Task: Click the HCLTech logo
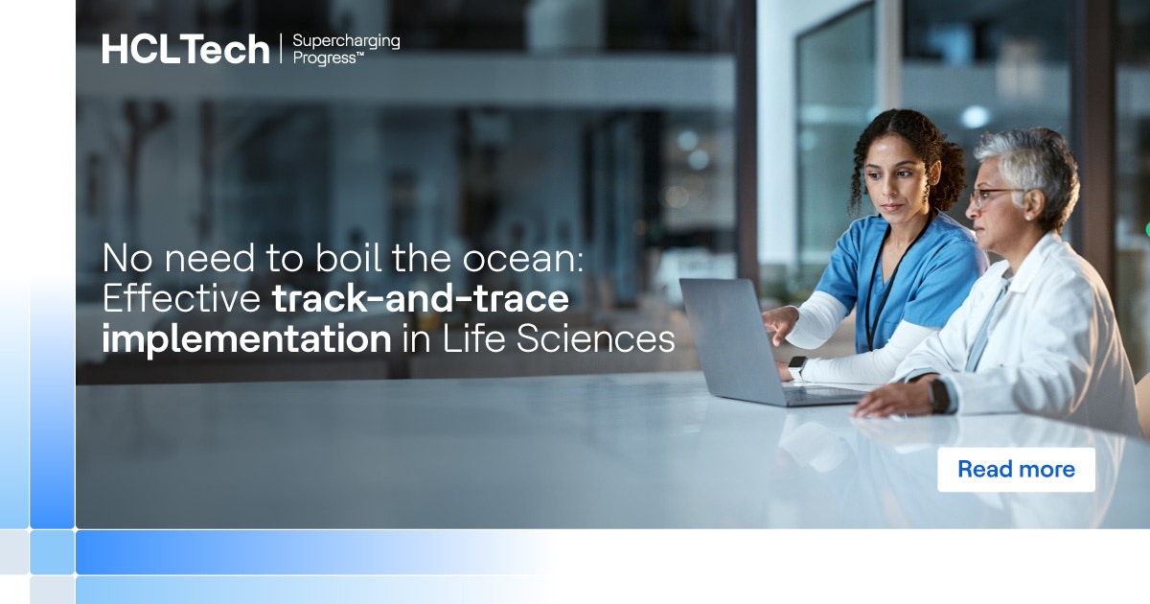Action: click(x=186, y=49)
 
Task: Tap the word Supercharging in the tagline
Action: click(x=346, y=41)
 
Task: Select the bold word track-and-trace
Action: click(x=421, y=299)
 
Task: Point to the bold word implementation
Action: click(x=246, y=339)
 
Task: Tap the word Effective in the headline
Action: click(x=181, y=299)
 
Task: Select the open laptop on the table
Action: click(x=738, y=336)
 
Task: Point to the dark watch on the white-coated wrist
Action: click(x=939, y=394)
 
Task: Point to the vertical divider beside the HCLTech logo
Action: click(x=281, y=50)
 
